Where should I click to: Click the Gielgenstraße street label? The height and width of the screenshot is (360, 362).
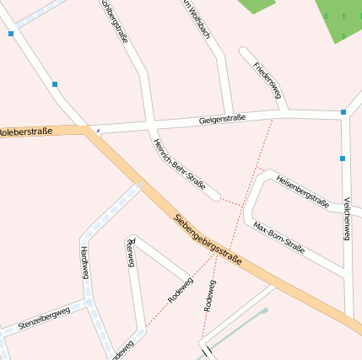click(223, 119)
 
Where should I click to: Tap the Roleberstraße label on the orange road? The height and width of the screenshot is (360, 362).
click(26, 132)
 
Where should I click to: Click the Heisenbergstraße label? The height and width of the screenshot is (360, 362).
click(301, 190)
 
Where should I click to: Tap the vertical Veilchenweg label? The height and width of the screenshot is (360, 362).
click(347, 219)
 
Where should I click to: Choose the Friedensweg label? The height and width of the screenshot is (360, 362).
click(266, 78)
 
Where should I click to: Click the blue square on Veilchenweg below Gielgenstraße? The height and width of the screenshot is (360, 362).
click(343, 158)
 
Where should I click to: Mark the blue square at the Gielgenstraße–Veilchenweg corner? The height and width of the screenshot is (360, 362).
click(343, 112)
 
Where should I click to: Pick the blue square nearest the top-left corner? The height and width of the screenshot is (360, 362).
click(11, 34)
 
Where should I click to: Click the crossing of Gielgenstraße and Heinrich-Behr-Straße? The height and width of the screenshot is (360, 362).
click(152, 125)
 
